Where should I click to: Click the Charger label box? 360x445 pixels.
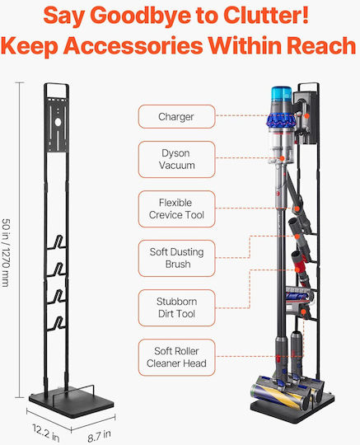(176, 117)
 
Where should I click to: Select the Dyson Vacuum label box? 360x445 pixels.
(176, 159)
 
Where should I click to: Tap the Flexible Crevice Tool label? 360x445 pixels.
(176, 208)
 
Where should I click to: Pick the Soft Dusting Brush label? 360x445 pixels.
(176, 258)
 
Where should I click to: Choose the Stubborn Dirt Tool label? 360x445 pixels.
(176, 308)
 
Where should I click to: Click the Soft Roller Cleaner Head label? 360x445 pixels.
(176, 358)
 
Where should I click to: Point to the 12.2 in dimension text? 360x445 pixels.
(46, 433)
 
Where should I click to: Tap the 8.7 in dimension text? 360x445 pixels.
(100, 436)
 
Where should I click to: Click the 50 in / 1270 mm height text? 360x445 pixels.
(6, 253)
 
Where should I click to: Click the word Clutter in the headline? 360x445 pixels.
(265, 15)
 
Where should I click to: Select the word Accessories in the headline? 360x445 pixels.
(133, 45)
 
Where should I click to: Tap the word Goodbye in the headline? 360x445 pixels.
(140, 16)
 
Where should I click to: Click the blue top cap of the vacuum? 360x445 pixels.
(282, 94)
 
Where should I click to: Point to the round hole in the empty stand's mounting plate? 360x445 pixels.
(58, 122)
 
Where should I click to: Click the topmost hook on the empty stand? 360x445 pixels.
(58, 242)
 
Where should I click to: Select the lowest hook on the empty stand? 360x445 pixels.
(58, 324)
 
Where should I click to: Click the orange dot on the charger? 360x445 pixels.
(306, 116)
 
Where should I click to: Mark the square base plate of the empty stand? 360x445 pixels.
(72, 404)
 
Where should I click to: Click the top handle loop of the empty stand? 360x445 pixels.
(57, 84)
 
